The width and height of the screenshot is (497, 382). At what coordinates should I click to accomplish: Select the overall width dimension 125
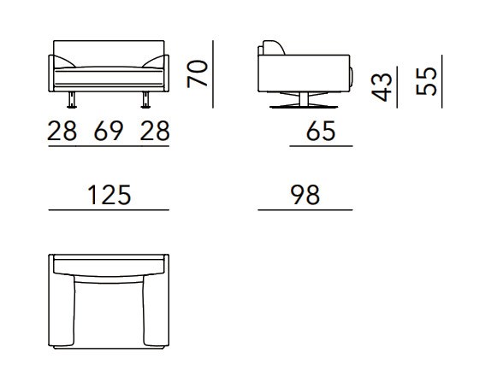109,195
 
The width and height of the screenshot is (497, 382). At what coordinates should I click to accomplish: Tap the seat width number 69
109,132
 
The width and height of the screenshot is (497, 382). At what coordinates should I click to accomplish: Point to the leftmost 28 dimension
62,132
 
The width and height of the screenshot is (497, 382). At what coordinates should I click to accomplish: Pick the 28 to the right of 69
155,132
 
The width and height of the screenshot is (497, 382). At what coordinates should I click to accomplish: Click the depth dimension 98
305,195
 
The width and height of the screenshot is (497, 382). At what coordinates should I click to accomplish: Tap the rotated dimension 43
385,86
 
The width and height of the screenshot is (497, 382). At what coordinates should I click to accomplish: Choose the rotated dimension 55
428,81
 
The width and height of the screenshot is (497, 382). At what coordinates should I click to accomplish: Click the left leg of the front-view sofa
74,100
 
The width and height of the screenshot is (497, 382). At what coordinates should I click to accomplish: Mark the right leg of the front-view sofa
146,100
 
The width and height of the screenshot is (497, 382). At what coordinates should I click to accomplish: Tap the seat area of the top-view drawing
109,316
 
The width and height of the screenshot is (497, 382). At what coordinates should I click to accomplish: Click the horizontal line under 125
109,210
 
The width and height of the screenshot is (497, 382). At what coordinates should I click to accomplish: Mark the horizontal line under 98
305,210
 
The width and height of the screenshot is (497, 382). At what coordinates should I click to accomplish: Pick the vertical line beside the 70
213,72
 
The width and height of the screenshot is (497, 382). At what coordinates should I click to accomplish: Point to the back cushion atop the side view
275,47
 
